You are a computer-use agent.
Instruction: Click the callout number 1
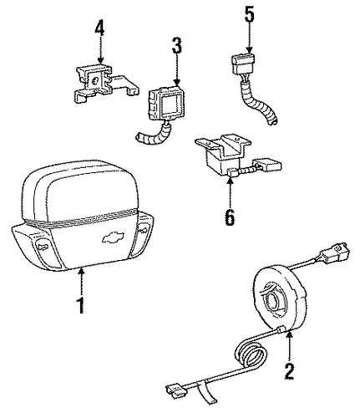coord(80,305)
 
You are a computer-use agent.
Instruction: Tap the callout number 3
coord(177,45)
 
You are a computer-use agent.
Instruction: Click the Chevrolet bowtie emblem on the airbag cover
coord(113,237)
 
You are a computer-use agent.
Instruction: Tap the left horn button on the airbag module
coord(43,247)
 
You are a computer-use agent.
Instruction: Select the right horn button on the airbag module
coord(142,230)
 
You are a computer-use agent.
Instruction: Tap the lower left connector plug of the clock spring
coord(176,391)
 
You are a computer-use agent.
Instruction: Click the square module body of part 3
coord(166,102)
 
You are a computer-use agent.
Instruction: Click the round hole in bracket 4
coord(95,81)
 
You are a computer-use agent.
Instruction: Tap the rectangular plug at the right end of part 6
coord(268,165)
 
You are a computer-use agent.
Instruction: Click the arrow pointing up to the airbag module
coord(81,281)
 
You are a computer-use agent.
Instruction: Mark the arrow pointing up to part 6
coord(230,192)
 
